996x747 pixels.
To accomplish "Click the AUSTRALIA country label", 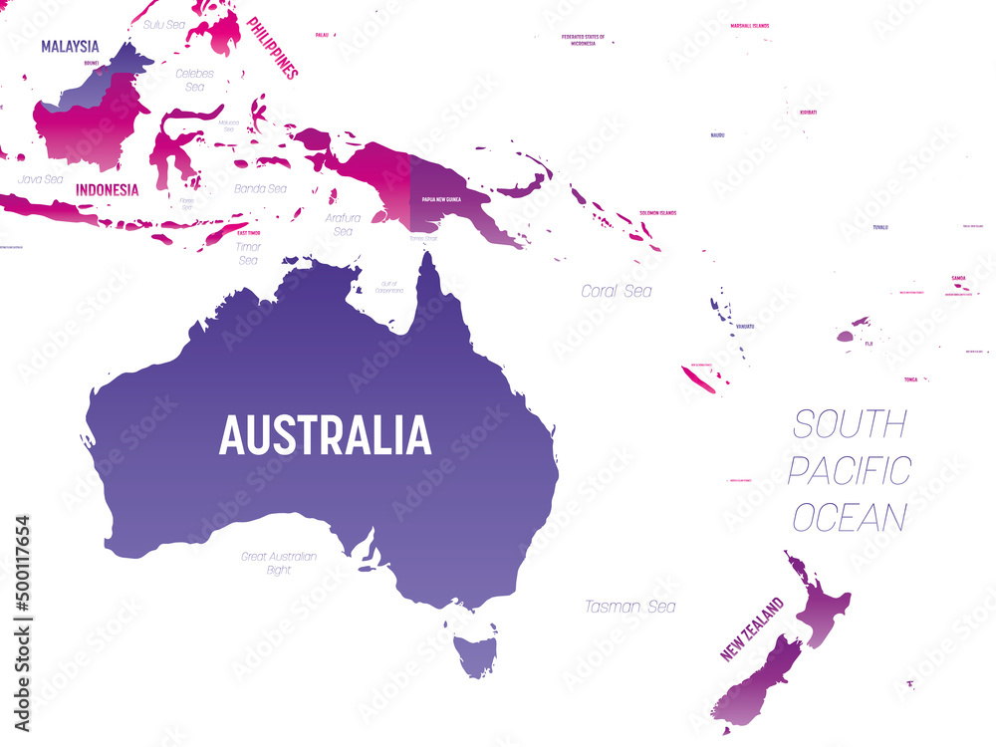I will coord(325,435).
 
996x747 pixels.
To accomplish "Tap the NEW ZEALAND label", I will coord(752,629).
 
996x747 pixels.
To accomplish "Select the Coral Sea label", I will coord(617,291).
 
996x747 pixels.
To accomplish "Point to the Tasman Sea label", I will coord(629,607).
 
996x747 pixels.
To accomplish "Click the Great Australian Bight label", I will coord(279,563).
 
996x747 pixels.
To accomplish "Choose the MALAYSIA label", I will coord(70,47).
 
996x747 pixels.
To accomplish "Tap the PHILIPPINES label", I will coord(272,47).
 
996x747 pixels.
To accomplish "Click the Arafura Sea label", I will coord(343,224).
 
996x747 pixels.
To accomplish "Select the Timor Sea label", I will coord(248,253).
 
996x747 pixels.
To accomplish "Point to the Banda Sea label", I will coord(260,188).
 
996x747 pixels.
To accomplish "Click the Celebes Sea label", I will coord(194,80).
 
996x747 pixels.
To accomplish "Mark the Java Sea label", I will coord(40,180).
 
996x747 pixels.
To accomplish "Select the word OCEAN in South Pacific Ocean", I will coord(850,518).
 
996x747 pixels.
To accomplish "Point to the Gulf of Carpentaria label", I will coord(389,287).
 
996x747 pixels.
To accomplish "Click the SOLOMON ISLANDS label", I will coord(658,212).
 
